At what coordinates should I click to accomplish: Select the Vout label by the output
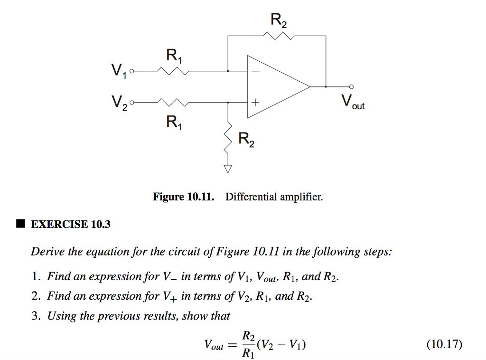(x=353, y=102)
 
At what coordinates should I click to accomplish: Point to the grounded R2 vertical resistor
(x=228, y=137)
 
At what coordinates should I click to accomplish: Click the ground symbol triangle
(x=228, y=169)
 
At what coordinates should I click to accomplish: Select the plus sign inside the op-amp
(x=255, y=103)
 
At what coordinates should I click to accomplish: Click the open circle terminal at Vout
(x=351, y=87)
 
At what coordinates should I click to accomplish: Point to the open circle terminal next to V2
(x=132, y=103)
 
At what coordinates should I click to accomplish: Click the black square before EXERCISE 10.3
(x=19, y=224)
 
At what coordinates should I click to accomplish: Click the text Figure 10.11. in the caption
(x=183, y=197)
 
